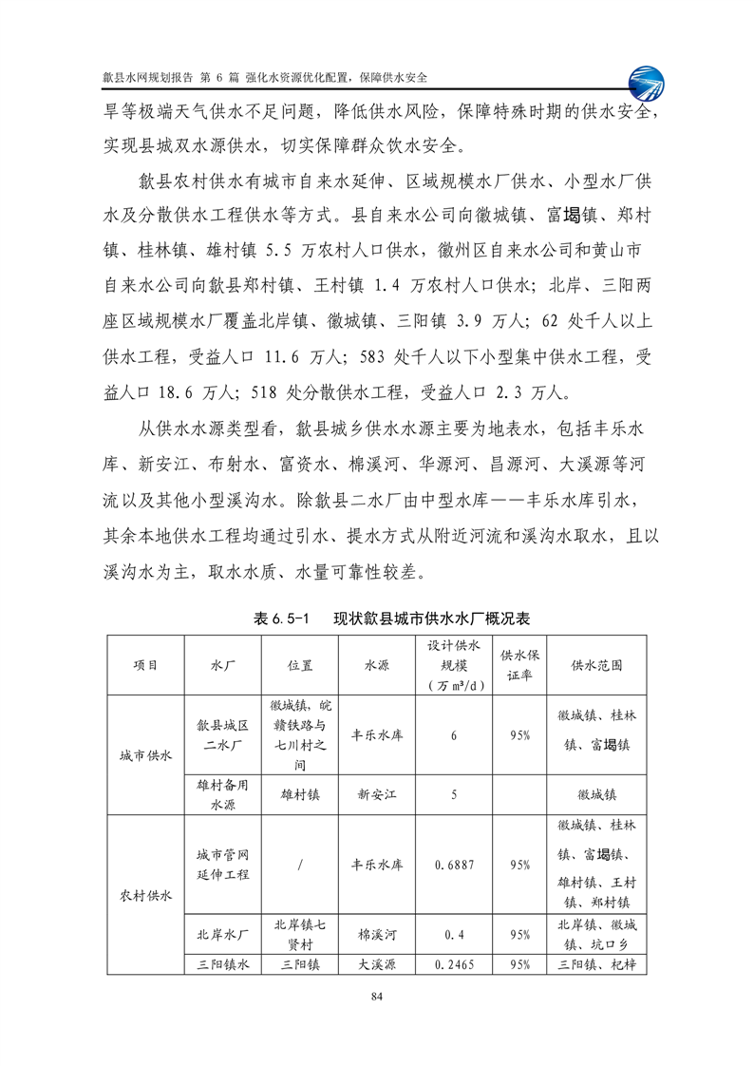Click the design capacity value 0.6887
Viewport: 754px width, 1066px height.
[455, 866]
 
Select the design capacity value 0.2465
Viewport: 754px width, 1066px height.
[455, 965]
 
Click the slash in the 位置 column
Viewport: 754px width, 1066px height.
[299, 866]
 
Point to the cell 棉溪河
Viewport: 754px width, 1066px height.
[369, 935]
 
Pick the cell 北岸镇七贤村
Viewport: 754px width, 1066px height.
[299, 935]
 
